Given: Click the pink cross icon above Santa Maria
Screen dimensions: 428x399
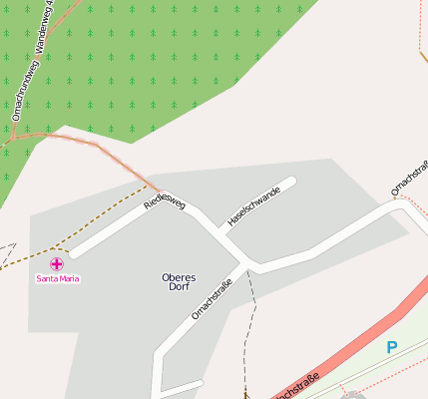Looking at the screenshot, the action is pos(57,264).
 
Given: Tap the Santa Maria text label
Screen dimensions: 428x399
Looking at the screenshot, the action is pos(58,278).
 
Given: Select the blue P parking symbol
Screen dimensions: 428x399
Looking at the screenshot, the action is pos(392,347).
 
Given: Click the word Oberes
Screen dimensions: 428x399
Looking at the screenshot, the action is pos(179,276).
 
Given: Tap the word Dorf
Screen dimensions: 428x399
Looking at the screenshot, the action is pos(179,286).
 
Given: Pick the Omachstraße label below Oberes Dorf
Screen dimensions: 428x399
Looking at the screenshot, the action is pos(212,300).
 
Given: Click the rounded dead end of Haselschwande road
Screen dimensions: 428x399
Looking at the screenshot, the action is pos(291,183).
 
